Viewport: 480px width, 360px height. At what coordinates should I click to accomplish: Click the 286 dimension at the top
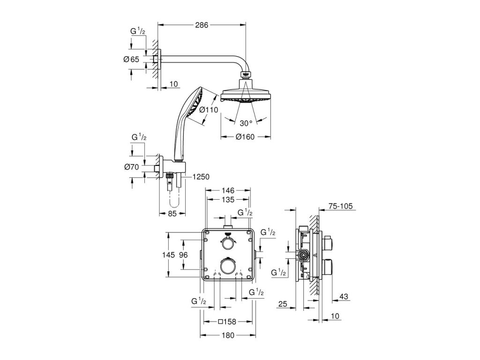coord(202,24)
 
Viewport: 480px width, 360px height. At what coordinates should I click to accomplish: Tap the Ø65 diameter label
coord(131,59)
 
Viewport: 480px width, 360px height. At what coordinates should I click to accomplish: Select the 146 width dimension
coord(228,191)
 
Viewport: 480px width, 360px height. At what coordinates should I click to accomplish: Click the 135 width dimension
coord(228,200)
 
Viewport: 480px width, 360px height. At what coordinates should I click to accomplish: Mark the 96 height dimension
coord(183,255)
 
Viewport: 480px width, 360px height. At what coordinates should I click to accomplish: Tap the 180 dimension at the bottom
coord(228,335)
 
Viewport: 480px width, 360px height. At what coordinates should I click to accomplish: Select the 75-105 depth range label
coord(340,205)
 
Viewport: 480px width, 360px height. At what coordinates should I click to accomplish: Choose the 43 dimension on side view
coord(344,296)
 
